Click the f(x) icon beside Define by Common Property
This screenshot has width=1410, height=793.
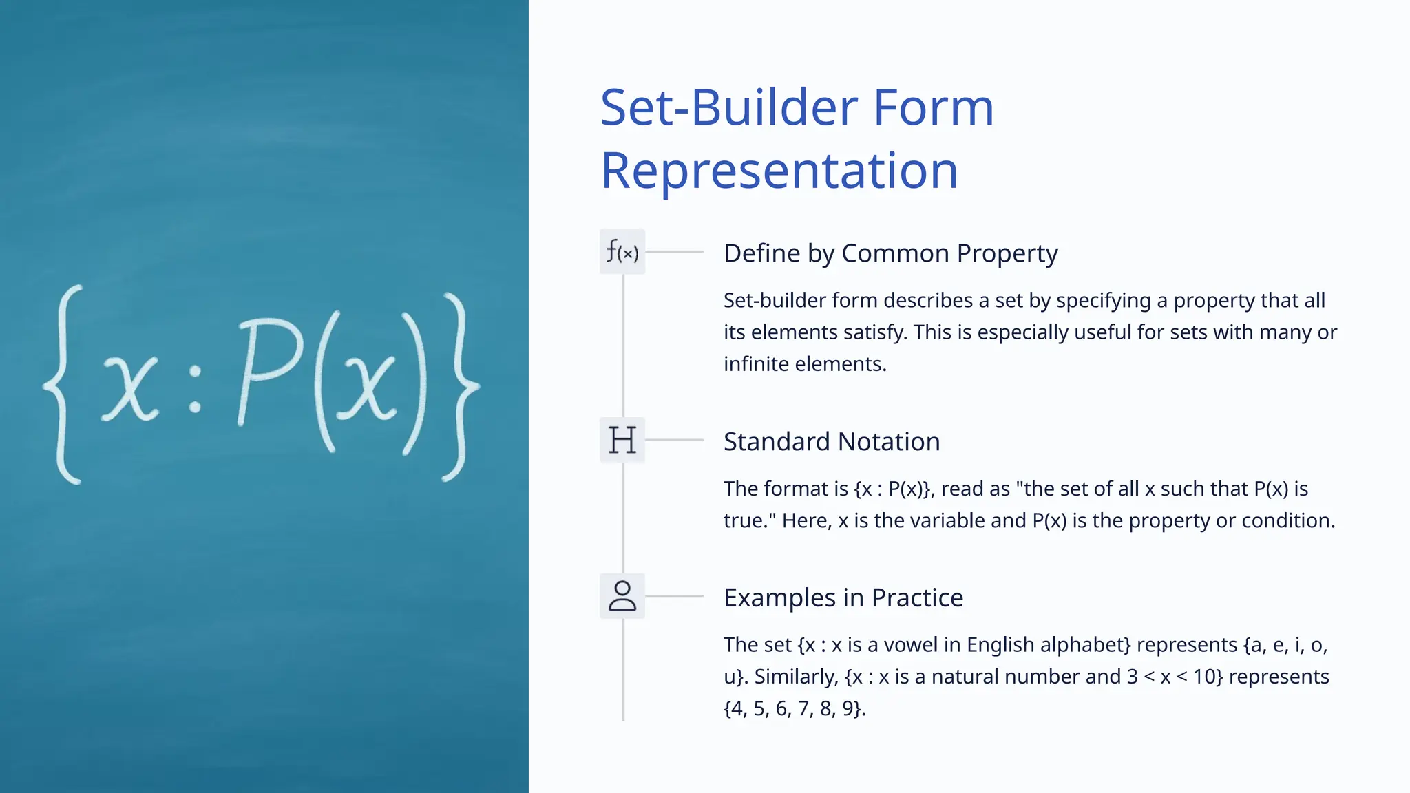click(x=622, y=252)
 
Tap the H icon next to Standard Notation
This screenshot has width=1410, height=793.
click(x=622, y=440)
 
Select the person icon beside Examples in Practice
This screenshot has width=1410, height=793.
click(x=622, y=596)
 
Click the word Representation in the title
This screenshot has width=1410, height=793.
click(x=779, y=171)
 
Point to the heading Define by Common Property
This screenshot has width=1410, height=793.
click(x=890, y=253)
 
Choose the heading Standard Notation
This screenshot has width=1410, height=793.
click(x=832, y=442)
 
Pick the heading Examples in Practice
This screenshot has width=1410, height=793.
click(x=843, y=598)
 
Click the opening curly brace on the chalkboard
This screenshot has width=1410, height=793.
click(x=63, y=384)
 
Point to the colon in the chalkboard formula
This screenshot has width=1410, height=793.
click(x=196, y=390)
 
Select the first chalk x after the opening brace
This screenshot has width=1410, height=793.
click(x=131, y=388)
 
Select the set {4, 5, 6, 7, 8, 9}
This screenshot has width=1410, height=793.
click(x=794, y=708)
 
